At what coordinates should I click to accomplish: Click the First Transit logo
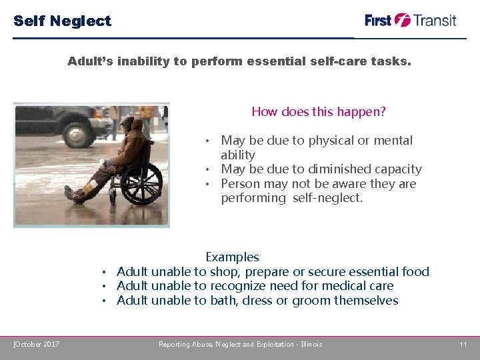(x=410, y=20)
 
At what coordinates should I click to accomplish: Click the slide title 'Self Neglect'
(x=63, y=21)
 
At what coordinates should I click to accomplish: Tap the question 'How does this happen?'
(x=318, y=112)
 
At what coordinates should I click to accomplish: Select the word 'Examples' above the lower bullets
(x=232, y=257)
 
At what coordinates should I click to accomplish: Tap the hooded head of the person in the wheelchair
(x=134, y=125)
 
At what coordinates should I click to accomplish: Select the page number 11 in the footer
(x=463, y=344)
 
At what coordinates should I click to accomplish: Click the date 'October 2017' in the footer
(x=37, y=344)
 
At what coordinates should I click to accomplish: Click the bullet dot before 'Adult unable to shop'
(x=105, y=272)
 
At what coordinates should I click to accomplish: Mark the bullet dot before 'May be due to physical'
(x=208, y=141)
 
